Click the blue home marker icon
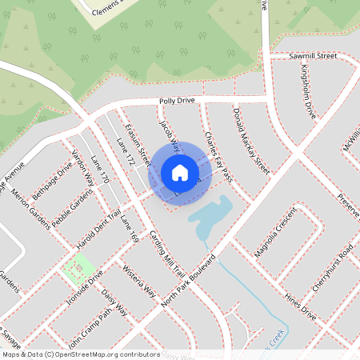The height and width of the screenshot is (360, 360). coord(179,173)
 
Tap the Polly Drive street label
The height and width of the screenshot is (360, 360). coord(177,101)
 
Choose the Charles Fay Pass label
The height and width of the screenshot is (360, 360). coord(218,155)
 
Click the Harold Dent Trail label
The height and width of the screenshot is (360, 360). coord(99,220)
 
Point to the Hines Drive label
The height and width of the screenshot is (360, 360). coord(300,307)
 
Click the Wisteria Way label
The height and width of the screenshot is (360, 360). coord(138,281)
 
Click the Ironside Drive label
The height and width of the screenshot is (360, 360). coord(84,290)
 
